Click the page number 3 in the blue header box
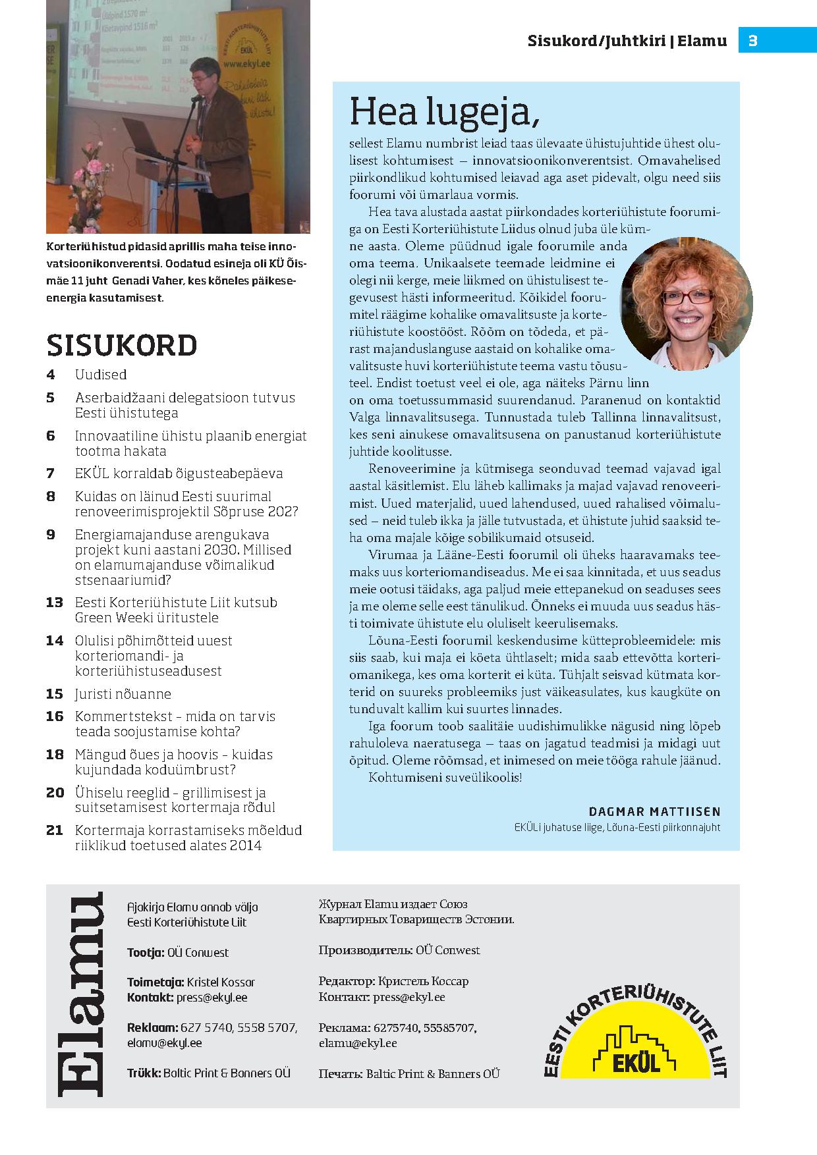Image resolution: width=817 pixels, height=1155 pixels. (x=753, y=41)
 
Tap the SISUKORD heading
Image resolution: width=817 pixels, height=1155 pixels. (x=122, y=345)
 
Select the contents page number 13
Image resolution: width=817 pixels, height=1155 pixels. (x=55, y=603)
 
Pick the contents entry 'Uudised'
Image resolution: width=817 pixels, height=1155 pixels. (x=101, y=375)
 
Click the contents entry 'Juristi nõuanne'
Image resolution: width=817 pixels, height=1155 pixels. (x=123, y=694)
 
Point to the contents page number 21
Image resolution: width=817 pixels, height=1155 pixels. (x=55, y=830)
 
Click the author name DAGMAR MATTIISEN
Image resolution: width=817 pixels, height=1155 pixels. (x=654, y=811)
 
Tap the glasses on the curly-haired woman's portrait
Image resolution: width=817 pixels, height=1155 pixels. (x=687, y=297)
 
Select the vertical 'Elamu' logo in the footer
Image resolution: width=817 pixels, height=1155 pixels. (x=80, y=994)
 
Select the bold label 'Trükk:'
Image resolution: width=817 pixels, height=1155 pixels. (x=144, y=1073)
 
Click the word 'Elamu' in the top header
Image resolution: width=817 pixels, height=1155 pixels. (x=703, y=41)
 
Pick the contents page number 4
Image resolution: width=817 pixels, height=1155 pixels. (x=51, y=375)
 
